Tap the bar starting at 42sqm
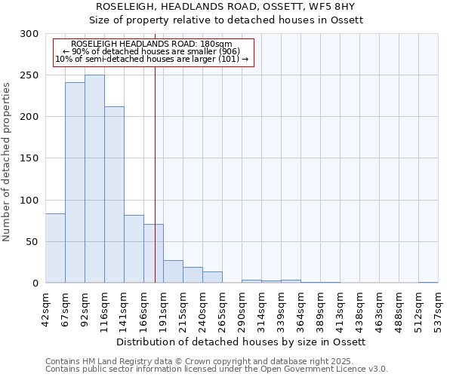(x=55, y=248)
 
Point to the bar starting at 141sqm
(x=134, y=249)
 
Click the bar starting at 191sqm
(x=173, y=271)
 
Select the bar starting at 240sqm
(x=212, y=277)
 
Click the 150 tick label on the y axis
(x=29, y=158)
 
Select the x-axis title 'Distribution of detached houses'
(x=242, y=342)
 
